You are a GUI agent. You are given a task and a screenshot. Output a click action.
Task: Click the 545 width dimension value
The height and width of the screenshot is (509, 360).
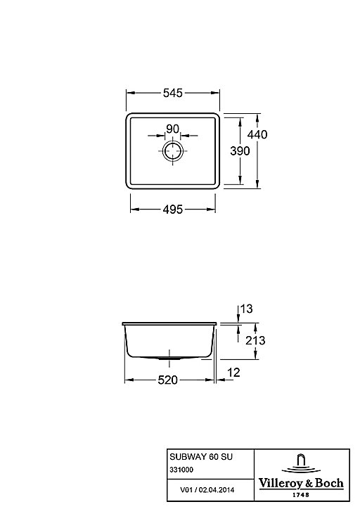(173, 94)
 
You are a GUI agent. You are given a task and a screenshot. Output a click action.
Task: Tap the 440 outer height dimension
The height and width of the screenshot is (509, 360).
(257, 134)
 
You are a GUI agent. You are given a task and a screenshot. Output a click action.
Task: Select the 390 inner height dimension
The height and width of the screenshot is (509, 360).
(240, 150)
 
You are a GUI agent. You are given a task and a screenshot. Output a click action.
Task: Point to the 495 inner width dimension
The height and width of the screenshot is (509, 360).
(173, 210)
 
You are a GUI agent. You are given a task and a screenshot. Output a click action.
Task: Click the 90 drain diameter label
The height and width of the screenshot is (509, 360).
(172, 129)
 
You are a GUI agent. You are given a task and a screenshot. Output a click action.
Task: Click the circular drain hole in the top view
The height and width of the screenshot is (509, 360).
(173, 151)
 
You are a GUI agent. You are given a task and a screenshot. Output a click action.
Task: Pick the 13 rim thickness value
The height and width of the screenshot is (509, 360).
(246, 309)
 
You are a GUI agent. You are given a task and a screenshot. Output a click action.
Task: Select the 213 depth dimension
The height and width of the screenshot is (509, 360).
(255, 340)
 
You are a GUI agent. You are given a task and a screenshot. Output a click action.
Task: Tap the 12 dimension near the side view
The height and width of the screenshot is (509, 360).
(233, 373)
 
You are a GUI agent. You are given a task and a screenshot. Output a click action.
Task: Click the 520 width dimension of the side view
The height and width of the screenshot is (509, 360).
(167, 380)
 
